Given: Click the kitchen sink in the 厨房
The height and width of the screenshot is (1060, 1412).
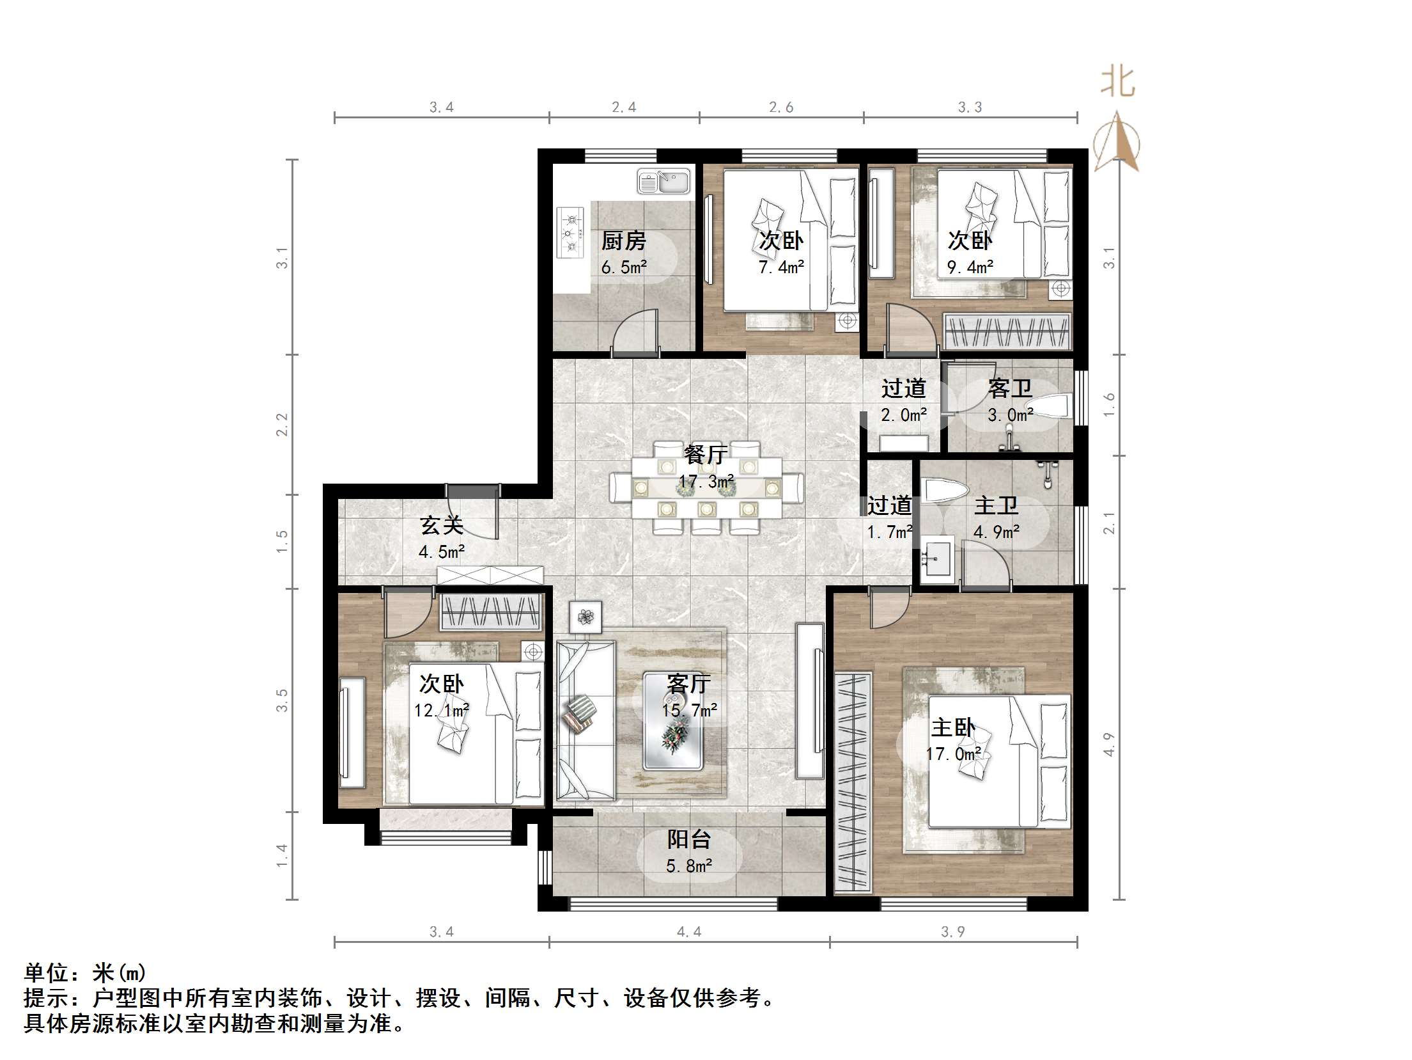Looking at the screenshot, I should [x=663, y=182].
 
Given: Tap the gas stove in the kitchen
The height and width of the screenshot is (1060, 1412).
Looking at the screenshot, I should [x=571, y=232].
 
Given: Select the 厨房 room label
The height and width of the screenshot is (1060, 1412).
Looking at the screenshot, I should [x=623, y=241].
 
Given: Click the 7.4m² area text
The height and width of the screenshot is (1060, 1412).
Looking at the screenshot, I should [x=781, y=267].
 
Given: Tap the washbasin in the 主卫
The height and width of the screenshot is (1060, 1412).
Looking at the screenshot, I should [x=937, y=559].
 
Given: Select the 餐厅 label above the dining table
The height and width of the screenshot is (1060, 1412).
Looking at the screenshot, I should [x=706, y=454].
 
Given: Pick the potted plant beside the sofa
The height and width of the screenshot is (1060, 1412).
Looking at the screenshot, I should [x=586, y=617].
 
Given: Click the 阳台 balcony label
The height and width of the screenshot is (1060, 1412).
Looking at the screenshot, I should [x=689, y=839].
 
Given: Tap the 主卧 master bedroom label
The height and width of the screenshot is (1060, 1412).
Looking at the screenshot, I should [x=952, y=727].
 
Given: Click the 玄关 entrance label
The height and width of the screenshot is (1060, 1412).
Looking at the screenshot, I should [x=441, y=525].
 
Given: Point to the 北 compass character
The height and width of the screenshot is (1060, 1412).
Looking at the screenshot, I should [x=1117, y=83].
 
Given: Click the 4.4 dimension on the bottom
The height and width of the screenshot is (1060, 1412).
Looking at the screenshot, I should [x=689, y=932].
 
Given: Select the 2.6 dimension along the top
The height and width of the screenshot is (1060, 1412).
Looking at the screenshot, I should [x=781, y=107].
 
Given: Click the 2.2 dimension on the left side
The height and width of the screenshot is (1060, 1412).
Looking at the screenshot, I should [x=282, y=425].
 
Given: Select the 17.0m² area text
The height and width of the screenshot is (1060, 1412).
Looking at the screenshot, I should [x=952, y=754].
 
